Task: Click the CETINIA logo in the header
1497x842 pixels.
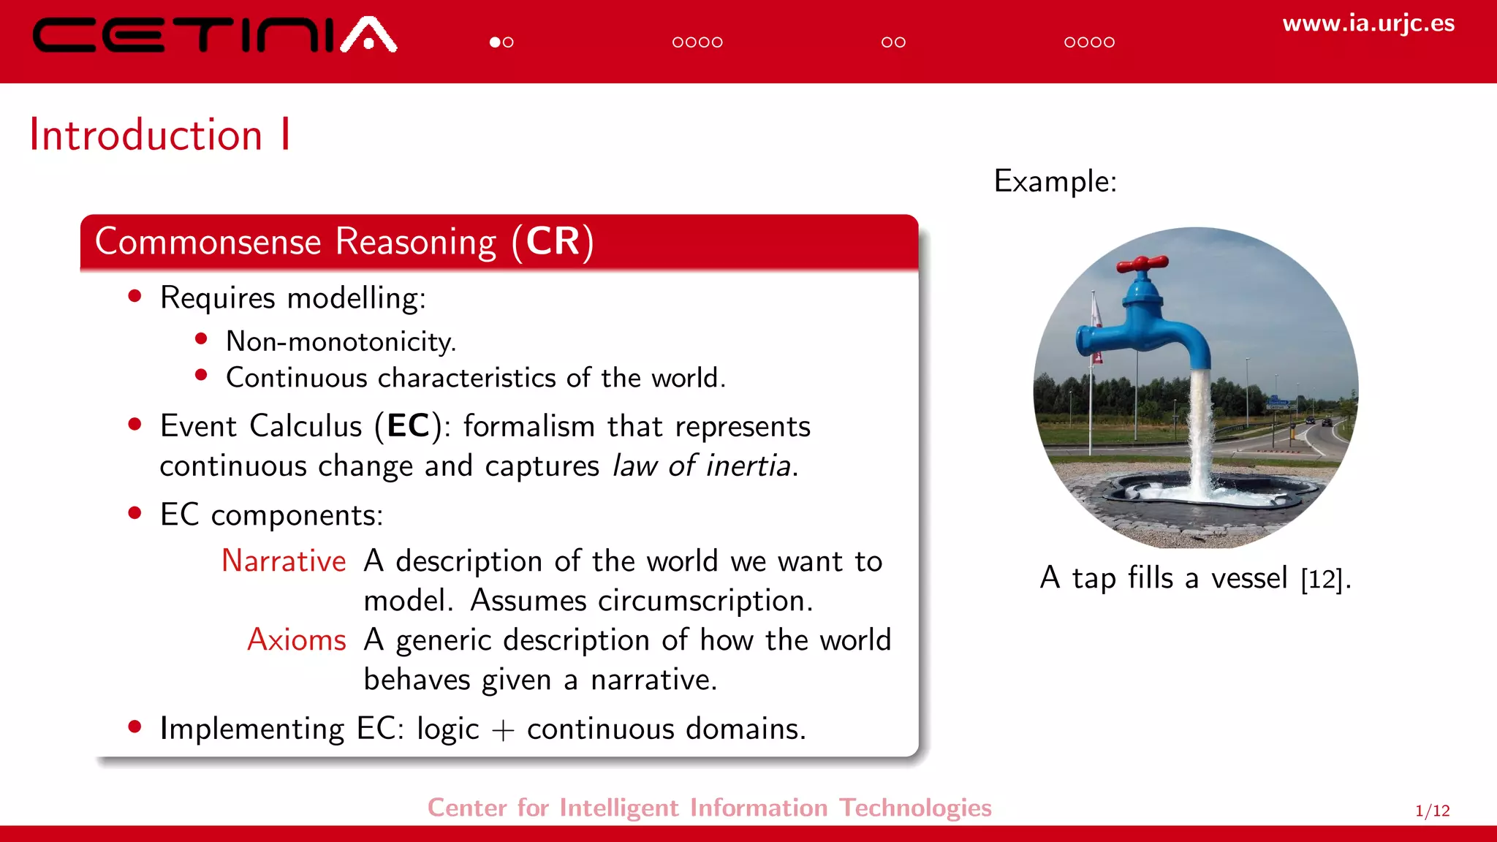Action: tap(214, 35)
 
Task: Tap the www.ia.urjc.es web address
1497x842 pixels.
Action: tap(1368, 23)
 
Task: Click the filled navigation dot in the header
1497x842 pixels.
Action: tap(495, 42)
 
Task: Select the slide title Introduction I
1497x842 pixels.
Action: tap(160, 135)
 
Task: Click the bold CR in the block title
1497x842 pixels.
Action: tap(553, 242)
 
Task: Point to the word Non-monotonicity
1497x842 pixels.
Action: tap(341, 342)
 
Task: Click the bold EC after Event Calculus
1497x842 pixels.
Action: tap(408, 426)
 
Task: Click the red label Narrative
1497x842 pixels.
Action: tap(284, 561)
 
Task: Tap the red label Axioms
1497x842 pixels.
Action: tap(296, 640)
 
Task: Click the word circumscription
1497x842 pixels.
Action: tap(705, 601)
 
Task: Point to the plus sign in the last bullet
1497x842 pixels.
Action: tap(503, 730)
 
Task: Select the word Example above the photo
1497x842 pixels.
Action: tap(1054, 181)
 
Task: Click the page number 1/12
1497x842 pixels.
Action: tap(1432, 811)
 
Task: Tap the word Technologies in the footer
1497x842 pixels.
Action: tap(915, 808)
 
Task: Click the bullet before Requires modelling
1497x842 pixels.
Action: tap(134, 296)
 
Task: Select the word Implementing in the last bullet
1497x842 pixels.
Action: tap(252, 729)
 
